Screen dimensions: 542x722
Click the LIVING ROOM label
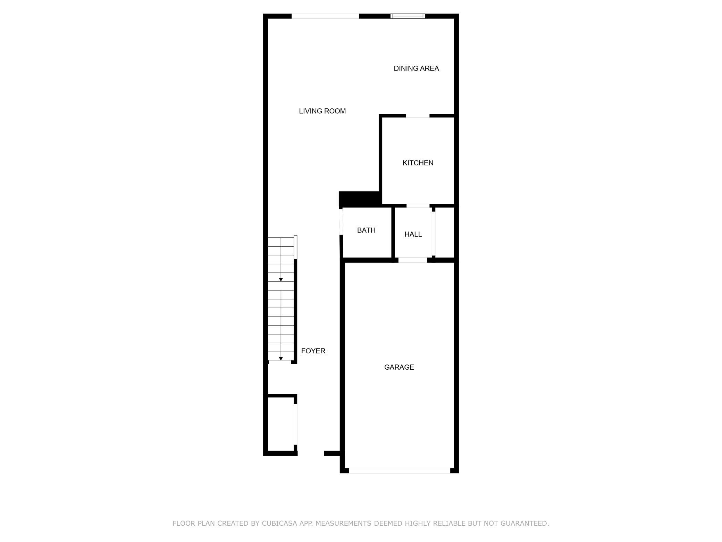pyautogui.click(x=322, y=111)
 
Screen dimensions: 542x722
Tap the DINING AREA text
pyautogui.click(x=416, y=68)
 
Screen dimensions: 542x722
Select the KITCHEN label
pyautogui.click(x=418, y=163)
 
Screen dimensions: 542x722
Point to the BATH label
pyautogui.click(x=366, y=230)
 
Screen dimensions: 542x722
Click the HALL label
pyautogui.click(x=413, y=235)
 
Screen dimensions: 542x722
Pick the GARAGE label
pyautogui.click(x=399, y=367)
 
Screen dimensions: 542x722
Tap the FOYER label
pyautogui.click(x=313, y=351)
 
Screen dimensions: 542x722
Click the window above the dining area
pyautogui.click(x=408, y=16)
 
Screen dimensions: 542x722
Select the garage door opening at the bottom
pyautogui.click(x=399, y=470)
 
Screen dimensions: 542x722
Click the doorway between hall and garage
pyautogui.click(x=412, y=260)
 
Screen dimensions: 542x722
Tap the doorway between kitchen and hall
pyautogui.click(x=418, y=206)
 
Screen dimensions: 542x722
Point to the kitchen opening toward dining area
pyautogui.click(x=418, y=116)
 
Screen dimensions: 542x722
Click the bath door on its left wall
pyautogui.click(x=341, y=222)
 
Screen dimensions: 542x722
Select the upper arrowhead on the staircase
pyautogui.click(x=281, y=280)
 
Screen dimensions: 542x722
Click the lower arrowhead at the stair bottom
pyautogui.click(x=281, y=359)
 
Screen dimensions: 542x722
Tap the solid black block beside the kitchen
pyautogui.click(x=359, y=198)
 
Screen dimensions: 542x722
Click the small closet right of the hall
pyautogui.click(x=445, y=233)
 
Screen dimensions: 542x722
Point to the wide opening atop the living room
pyautogui.click(x=325, y=16)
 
